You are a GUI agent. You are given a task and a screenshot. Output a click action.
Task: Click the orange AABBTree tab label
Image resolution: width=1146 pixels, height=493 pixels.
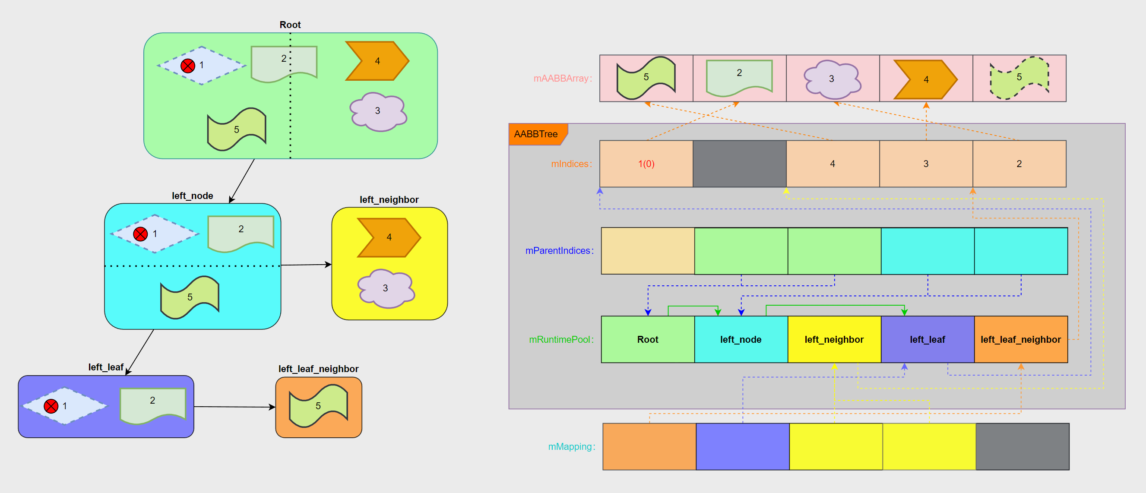[536, 134]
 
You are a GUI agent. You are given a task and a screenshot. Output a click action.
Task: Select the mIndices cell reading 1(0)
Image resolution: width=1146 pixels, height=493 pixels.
[646, 164]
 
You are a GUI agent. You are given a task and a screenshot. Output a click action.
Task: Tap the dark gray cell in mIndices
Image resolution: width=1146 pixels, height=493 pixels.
[739, 164]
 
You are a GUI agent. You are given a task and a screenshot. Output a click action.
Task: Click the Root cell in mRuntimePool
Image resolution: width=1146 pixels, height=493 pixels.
[647, 339]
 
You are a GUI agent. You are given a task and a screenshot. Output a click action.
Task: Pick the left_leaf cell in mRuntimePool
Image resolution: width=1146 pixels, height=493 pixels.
[927, 339]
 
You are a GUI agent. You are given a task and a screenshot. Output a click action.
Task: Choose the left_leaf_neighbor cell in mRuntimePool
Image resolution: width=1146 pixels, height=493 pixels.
[1020, 339]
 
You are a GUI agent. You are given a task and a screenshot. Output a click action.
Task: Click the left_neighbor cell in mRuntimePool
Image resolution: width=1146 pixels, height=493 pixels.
[834, 339]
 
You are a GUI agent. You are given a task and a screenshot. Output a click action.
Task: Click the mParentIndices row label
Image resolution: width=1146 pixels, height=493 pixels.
[559, 250]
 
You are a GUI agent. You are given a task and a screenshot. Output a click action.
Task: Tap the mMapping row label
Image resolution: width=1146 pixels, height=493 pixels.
[571, 446]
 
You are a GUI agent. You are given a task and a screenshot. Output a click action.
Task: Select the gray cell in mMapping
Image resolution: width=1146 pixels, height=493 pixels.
[1023, 446]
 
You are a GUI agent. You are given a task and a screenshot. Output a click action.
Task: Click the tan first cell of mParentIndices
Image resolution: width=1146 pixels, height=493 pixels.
[648, 250]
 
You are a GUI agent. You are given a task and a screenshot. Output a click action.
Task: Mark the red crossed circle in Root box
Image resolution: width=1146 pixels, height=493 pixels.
[188, 66]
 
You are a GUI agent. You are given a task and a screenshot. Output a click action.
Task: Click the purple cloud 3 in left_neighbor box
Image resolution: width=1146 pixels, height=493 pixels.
[386, 288]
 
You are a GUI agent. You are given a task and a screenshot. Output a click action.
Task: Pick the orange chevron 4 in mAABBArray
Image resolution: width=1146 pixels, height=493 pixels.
[925, 79]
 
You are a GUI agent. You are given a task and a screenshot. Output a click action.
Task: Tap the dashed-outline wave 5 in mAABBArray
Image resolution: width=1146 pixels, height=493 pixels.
[1019, 78]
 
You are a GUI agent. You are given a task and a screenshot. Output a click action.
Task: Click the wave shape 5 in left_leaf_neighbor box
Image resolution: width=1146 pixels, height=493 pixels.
[318, 406]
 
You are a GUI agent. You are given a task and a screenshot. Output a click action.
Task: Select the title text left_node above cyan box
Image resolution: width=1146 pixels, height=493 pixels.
[192, 196]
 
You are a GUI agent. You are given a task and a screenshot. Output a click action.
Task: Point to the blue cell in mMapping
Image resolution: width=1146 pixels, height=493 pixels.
[743, 446]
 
